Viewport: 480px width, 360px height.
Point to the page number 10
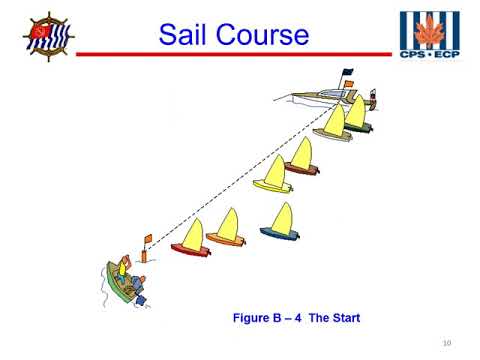coord(446,343)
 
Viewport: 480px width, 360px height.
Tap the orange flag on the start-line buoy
coord(147,238)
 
